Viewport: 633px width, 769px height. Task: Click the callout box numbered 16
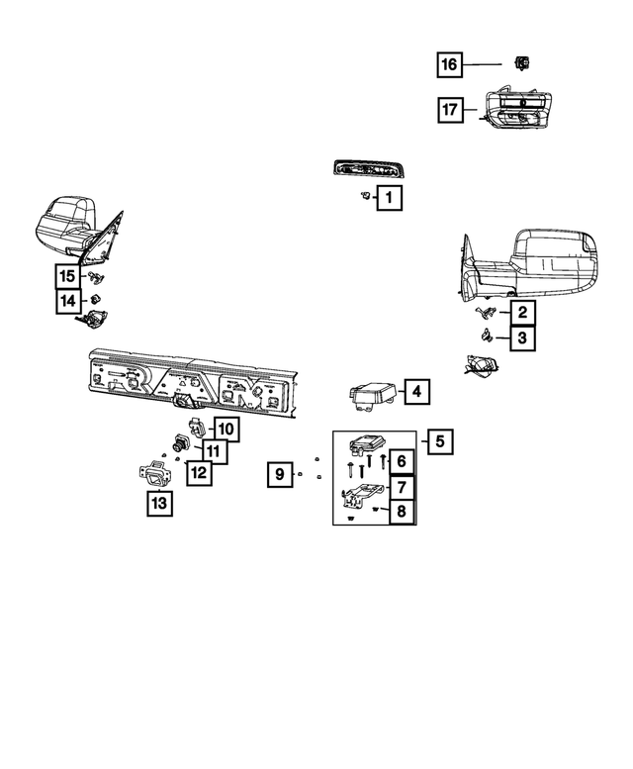click(449, 65)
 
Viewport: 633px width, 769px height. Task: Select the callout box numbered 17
click(449, 110)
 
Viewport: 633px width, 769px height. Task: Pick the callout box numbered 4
click(415, 393)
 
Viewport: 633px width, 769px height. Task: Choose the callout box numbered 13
click(158, 504)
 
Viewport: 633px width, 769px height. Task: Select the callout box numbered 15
click(67, 276)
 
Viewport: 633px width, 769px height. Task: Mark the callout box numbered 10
click(226, 430)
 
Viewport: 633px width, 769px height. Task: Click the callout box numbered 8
click(402, 512)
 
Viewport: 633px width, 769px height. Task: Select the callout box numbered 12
click(198, 472)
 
